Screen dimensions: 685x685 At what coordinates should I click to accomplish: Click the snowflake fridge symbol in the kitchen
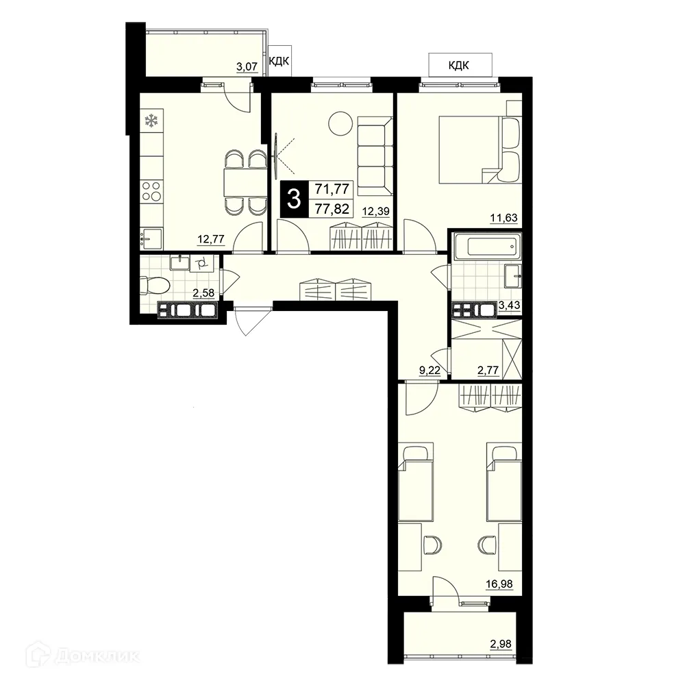151,121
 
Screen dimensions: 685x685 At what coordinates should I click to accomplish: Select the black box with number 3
295,199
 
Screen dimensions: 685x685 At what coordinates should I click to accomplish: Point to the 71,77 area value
332,189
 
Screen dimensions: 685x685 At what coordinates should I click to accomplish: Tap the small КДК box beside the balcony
278,62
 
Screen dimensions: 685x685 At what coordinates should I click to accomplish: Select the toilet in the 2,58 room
148,284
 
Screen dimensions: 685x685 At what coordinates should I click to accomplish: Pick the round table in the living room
338,124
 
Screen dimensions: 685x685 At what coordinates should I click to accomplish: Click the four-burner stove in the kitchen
151,192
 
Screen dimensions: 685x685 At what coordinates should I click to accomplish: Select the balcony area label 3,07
247,67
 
